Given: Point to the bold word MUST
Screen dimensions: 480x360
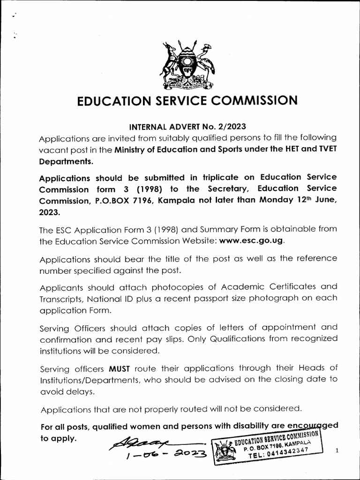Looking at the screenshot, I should click(x=120, y=368).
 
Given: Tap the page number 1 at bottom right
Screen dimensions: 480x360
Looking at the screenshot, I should click(x=337, y=450).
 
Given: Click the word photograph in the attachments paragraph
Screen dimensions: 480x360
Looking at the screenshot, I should click(x=271, y=299).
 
